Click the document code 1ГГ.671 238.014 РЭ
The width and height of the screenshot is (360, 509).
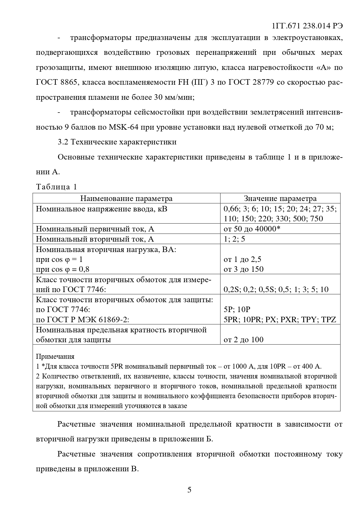click(307, 26)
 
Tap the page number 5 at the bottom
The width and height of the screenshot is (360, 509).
click(189, 490)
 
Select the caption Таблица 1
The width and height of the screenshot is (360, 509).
click(56, 187)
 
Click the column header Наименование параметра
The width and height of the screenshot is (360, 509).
click(126, 198)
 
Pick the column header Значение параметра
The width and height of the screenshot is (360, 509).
click(280, 198)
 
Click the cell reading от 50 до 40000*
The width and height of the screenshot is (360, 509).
click(252, 229)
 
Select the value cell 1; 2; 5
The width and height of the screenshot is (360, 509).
click(234, 239)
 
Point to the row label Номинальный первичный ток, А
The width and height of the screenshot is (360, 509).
click(95, 229)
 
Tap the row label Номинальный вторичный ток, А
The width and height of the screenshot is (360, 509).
click(95, 239)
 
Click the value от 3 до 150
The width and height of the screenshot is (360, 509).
click(243, 269)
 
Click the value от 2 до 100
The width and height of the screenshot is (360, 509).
click(243, 339)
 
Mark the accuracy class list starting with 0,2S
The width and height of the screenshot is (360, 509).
click(276, 289)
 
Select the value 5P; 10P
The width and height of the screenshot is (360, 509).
click(237, 309)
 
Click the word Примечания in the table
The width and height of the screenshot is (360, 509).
click(55, 356)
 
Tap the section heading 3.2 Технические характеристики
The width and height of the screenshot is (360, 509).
click(117, 142)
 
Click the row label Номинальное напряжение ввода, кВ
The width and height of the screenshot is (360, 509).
click(101, 209)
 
